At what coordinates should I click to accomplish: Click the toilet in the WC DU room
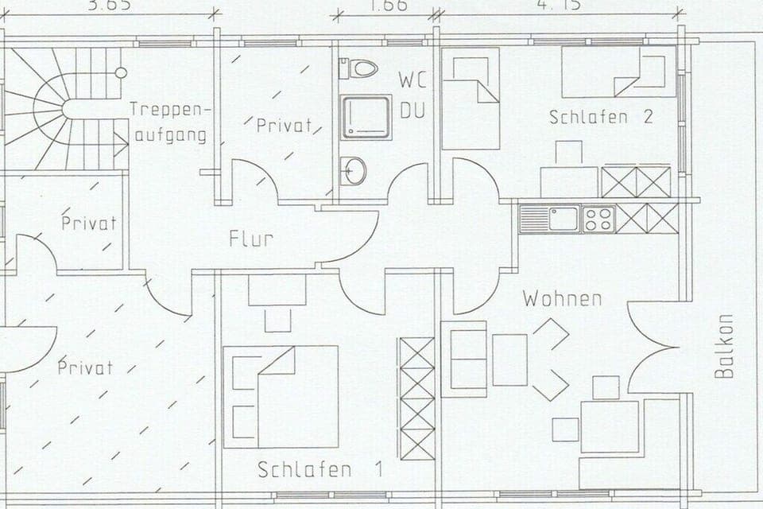tap(359, 68)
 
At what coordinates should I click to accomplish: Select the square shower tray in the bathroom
tap(366, 118)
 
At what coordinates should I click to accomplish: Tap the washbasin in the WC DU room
tap(354, 170)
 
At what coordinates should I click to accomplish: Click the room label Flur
tap(250, 238)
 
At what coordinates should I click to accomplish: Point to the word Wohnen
tap(561, 299)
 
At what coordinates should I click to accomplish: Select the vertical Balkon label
tap(723, 345)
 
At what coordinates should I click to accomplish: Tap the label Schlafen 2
tap(601, 117)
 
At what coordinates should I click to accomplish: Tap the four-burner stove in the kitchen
tap(598, 218)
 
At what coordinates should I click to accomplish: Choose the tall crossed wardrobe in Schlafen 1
tap(417, 398)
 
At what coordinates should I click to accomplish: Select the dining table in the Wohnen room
tap(610, 426)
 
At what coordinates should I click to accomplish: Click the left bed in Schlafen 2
tap(471, 98)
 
